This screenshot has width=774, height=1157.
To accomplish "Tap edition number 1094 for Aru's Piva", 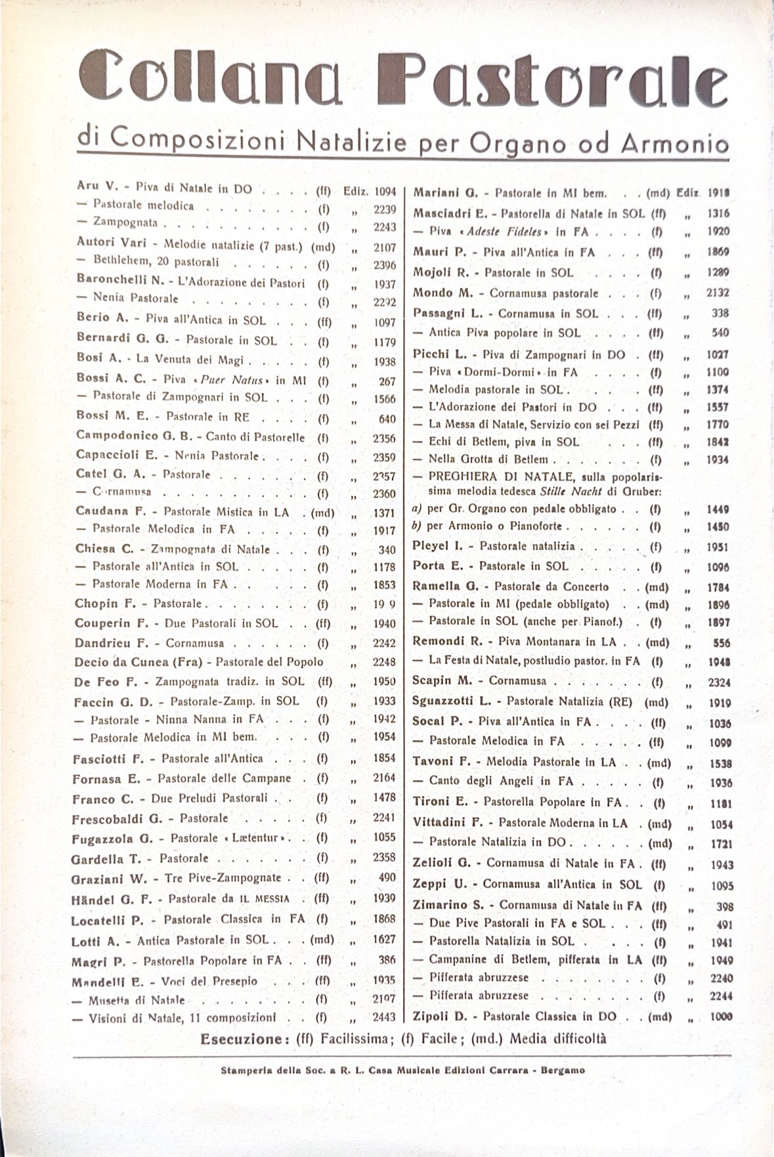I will pos(385,192).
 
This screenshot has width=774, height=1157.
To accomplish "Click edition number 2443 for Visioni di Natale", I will pos(383,1018).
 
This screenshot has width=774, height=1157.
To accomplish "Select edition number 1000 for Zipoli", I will pos(720,1017).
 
